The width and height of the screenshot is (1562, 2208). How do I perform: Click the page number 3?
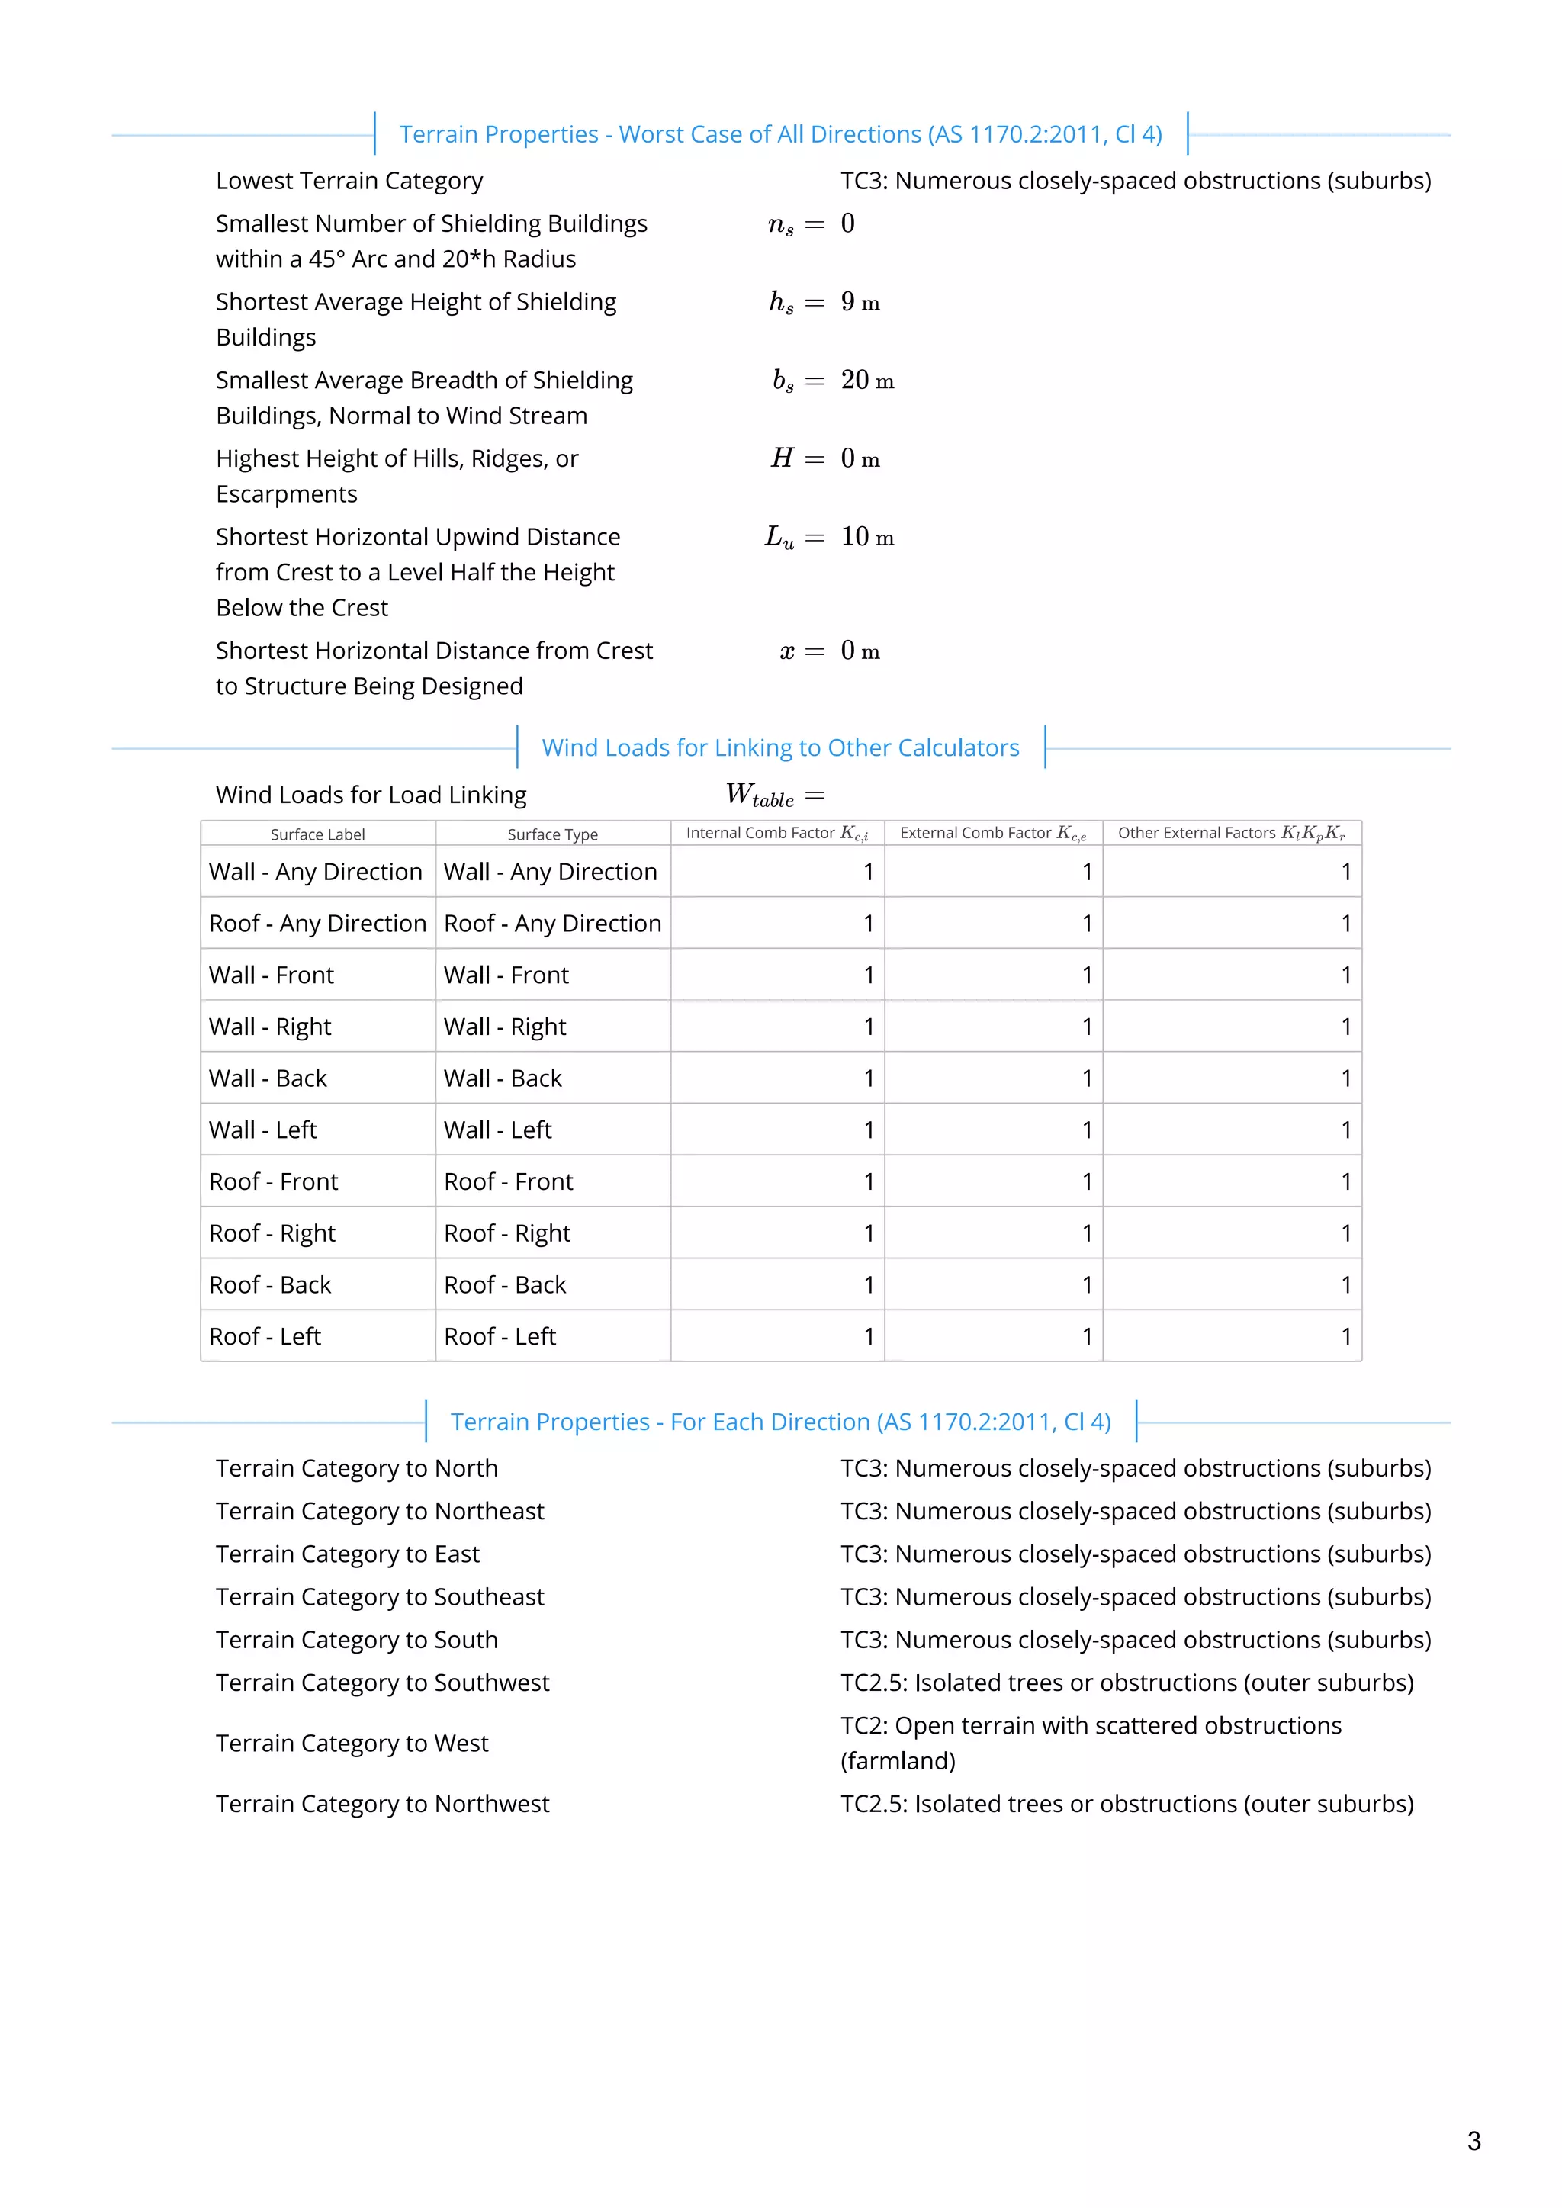coord(1474,2141)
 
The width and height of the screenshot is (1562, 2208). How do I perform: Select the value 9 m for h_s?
coord(860,302)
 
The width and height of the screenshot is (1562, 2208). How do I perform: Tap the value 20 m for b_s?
coord(866,381)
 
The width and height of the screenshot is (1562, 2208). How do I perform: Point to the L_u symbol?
coord(779,538)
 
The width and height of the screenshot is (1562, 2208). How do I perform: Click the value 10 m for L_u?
coord(866,538)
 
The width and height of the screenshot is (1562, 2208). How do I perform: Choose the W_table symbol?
coord(760,795)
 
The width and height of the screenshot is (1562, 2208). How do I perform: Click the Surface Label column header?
coord(317,834)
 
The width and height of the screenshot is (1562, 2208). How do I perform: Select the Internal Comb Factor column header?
coord(777,834)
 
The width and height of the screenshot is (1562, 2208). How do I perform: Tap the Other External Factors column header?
coord(1231,834)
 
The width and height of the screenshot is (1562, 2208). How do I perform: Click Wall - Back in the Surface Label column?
coord(268,1078)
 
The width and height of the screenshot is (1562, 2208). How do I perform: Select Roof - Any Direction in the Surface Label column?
coord(317,923)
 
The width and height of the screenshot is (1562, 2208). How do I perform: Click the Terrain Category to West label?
coord(352,1744)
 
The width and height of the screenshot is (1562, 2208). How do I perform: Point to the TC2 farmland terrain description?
coord(1091,1743)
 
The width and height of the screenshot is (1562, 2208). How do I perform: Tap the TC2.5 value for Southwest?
coord(1127,1683)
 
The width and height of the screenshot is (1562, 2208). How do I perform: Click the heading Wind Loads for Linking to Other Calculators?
coord(780,748)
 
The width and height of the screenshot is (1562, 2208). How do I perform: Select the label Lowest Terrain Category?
coord(349,181)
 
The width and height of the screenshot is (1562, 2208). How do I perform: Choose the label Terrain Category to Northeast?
coord(380,1511)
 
